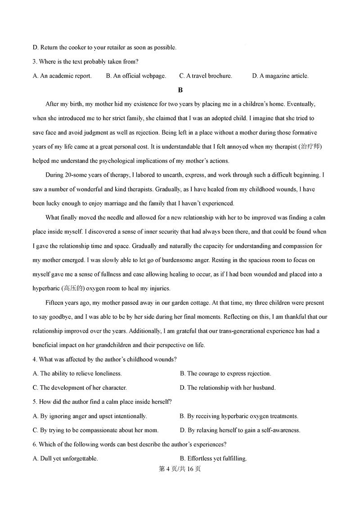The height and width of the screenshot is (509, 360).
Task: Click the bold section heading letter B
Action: click(180, 90)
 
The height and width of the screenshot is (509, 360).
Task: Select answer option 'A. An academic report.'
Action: click(62, 76)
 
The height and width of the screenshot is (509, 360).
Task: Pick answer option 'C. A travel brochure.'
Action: click(206, 76)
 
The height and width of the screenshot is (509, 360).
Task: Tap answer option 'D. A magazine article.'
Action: click(280, 76)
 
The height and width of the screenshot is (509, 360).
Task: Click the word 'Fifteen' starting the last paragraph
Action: click(55, 303)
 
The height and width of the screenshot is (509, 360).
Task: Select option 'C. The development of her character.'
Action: click(80, 388)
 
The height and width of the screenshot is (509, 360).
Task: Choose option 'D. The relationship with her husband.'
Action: click(227, 388)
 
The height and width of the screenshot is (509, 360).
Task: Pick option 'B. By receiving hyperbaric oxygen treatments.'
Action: click(238, 416)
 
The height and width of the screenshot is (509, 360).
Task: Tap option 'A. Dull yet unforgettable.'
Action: click(65, 459)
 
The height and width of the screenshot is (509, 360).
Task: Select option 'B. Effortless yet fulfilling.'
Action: click(213, 459)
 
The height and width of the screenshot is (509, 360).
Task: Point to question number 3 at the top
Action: click(35, 62)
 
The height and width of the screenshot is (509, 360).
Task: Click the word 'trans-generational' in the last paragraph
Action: click(244, 331)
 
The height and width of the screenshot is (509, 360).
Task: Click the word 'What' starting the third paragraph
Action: click(53, 218)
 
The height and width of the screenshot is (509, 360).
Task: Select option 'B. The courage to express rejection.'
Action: click(225, 373)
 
